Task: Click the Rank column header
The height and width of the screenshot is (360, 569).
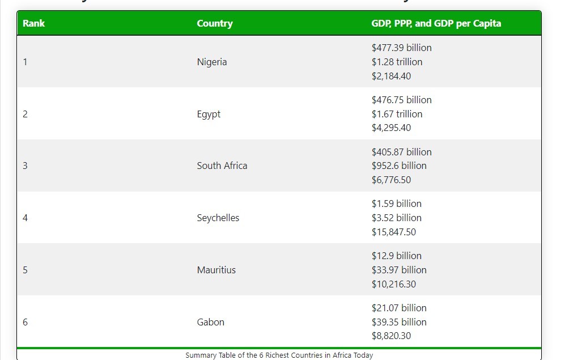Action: click(x=34, y=23)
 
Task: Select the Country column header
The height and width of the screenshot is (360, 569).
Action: click(x=215, y=23)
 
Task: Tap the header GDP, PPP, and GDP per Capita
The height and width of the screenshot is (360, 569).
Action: click(x=436, y=23)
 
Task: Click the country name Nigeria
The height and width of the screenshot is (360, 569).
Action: click(x=212, y=62)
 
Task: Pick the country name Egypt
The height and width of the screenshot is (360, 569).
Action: click(x=209, y=114)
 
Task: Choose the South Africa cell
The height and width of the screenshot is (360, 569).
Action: click(x=222, y=166)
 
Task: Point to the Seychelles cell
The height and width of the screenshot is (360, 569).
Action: click(x=218, y=218)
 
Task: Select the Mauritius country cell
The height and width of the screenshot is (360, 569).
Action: click(x=216, y=270)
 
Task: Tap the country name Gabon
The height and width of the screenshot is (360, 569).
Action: click(x=211, y=322)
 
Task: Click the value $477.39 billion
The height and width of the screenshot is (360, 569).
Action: click(x=401, y=48)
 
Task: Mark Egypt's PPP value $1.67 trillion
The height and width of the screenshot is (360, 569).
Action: click(x=397, y=114)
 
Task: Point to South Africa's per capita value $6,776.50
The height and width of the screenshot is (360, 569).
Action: click(x=391, y=180)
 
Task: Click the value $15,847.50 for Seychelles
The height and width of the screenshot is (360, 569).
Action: click(x=393, y=232)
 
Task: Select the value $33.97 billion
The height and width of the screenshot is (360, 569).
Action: click(x=399, y=270)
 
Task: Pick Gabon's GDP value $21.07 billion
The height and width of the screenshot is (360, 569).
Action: click(x=399, y=308)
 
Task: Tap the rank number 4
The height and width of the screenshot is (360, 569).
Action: click(x=25, y=218)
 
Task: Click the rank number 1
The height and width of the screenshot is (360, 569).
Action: click(x=25, y=62)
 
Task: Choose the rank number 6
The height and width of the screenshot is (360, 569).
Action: click(x=25, y=322)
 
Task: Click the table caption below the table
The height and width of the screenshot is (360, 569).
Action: click(x=279, y=355)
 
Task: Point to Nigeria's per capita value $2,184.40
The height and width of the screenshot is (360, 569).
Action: click(x=391, y=76)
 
